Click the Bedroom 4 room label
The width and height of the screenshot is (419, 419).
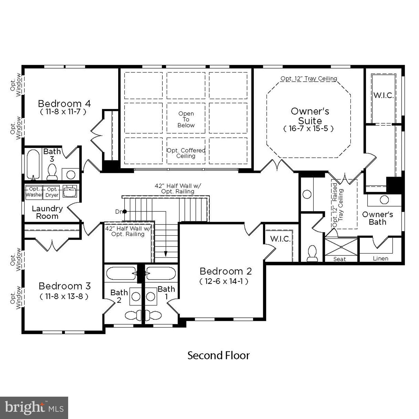click(64, 104)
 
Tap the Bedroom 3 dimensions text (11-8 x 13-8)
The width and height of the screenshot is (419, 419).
click(64, 296)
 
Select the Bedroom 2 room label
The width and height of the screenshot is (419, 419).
click(226, 271)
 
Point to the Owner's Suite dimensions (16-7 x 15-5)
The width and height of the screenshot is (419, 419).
click(309, 129)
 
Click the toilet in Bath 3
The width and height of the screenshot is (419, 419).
click(52, 172)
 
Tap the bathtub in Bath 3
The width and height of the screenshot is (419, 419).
click(33, 165)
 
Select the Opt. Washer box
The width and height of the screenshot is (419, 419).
click(34, 192)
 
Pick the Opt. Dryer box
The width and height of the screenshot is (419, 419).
click(52, 192)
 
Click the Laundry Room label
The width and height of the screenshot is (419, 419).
click(47, 212)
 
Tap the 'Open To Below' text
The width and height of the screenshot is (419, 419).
click(186, 120)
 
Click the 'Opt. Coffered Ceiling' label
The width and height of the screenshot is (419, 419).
click(186, 153)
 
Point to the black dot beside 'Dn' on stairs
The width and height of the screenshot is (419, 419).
click(125, 211)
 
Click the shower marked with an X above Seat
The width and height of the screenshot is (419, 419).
click(341, 247)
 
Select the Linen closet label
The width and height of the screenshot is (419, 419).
click(380, 258)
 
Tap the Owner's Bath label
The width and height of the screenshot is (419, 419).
click(377, 218)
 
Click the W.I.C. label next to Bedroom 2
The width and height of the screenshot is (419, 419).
click(280, 239)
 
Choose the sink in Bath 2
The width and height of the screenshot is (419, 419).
click(136, 297)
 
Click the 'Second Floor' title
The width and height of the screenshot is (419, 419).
click(218, 356)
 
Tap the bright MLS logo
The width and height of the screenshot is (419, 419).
click(34, 408)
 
